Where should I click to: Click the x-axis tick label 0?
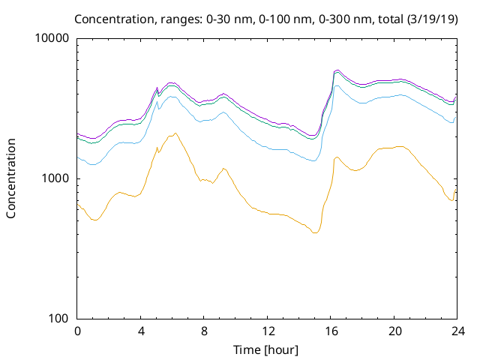pyautogui.click(x=77, y=331)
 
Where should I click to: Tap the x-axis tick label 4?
pyautogui.click(x=141, y=331)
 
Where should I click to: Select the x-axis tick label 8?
pyautogui.click(x=204, y=331)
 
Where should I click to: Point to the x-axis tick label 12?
pyautogui.click(x=268, y=331)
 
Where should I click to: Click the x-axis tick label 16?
pyautogui.click(x=331, y=331)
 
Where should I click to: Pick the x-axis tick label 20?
pyautogui.click(x=395, y=331)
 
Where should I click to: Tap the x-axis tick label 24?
pyautogui.click(x=458, y=331)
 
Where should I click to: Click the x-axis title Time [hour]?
pyautogui.click(x=265, y=350)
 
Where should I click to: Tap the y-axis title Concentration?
pyautogui.click(x=11, y=178)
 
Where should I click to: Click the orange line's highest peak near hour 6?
pyautogui.click(x=175, y=133)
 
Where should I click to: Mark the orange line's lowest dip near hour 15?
pyautogui.click(x=315, y=233)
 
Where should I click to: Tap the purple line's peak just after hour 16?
pyautogui.click(x=337, y=70)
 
